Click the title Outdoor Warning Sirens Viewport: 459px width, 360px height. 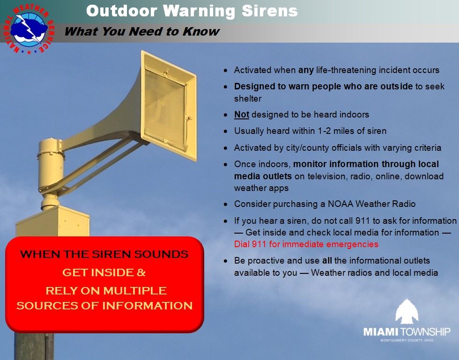pos(192,11)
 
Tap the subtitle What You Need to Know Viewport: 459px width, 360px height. pos(141,32)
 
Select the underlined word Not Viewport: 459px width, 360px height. pos(241,115)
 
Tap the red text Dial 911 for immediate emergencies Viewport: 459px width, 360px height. pos(306,244)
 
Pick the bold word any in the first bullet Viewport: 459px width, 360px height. pos(306,70)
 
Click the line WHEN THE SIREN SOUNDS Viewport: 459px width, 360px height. pos(104,255)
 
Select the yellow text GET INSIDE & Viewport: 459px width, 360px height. pos(104,272)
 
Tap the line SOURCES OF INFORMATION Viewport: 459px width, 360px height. pos(104,306)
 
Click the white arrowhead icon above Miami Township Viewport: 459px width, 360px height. pos(406,312)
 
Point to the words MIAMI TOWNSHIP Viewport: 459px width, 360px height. pos(407,332)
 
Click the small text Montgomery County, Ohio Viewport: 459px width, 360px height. pos(407,340)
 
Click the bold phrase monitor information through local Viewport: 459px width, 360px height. pos(366,164)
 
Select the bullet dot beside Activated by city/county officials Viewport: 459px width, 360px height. pos(226,148)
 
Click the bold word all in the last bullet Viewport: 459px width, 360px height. pos(327,261)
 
